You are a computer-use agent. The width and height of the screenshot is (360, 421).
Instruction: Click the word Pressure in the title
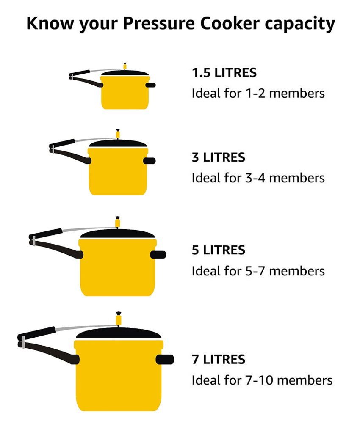159,23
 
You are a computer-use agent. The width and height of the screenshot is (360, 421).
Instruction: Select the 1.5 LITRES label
224,73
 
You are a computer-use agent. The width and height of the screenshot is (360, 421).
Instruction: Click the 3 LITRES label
218,157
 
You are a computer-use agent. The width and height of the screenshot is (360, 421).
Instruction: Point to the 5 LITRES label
218,250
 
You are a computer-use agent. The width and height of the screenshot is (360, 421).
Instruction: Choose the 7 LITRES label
218,359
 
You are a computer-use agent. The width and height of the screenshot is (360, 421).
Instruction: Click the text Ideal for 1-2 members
258,94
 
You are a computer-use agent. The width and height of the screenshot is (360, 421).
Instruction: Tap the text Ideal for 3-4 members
258,178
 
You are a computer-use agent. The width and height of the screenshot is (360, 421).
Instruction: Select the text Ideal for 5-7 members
258,271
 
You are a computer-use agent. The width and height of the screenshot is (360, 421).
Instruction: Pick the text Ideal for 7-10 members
262,380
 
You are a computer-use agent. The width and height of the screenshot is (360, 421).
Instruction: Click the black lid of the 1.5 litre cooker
125,73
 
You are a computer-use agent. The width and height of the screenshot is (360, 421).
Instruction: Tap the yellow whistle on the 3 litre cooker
117,134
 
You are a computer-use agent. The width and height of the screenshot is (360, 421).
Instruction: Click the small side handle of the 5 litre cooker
158,255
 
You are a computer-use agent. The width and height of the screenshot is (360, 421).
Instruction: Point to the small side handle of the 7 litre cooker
165,359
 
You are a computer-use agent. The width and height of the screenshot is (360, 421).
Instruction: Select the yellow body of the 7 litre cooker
119,376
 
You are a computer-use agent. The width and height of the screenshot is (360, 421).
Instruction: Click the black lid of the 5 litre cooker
118,234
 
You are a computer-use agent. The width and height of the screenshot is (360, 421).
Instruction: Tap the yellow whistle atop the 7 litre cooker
118,319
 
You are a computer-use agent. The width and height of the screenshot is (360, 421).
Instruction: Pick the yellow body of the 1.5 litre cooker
125,93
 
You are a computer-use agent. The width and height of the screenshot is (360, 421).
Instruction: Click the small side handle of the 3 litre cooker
149,161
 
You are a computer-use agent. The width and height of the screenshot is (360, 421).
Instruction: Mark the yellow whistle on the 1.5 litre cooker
125,66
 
